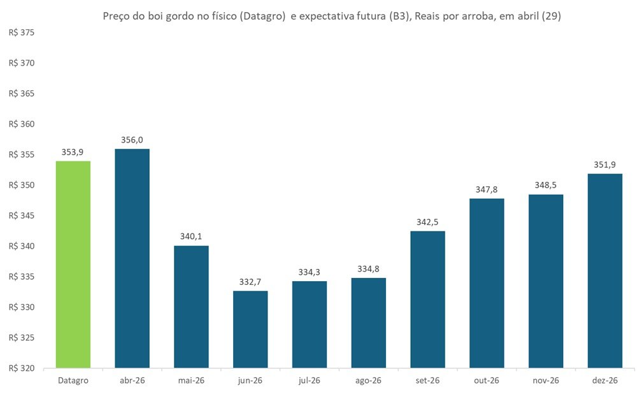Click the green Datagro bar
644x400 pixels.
tap(73, 264)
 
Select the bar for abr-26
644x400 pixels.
tap(132, 258)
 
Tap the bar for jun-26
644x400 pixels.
tap(250, 329)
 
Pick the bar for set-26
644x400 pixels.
tap(427, 299)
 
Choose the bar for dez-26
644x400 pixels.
tap(605, 270)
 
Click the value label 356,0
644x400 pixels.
tap(132, 140)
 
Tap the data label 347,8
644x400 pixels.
tap(487, 190)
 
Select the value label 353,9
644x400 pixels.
tap(73, 152)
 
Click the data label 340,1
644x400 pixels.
tap(191, 237)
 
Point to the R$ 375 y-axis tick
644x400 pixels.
tap(22, 33)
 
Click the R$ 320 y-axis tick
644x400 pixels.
tap(22, 368)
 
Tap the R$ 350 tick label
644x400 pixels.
tap(22, 185)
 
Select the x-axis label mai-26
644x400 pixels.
tap(191, 381)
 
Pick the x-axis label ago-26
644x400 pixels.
tap(368, 381)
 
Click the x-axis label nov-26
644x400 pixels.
tap(546, 381)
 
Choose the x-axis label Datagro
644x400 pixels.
tap(73, 381)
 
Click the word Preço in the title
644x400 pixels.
tap(117, 17)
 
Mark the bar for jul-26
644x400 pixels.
tap(310, 324)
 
